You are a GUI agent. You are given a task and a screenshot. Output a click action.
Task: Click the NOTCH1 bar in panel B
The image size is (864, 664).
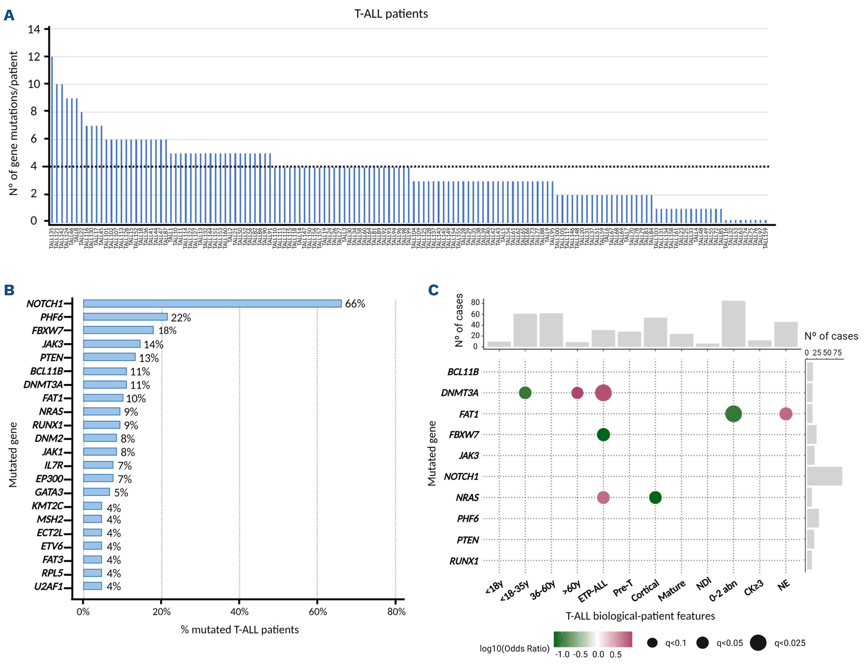point(212,303)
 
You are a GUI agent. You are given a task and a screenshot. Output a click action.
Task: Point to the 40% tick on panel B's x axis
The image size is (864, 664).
point(239,612)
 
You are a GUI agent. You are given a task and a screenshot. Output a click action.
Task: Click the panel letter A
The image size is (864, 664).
point(9,15)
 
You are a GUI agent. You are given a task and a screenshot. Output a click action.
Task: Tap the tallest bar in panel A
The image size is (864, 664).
point(52,138)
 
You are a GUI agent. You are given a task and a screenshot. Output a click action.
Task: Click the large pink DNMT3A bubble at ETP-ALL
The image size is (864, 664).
point(603,393)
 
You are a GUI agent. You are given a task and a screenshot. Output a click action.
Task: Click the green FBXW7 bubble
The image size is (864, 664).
point(603,435)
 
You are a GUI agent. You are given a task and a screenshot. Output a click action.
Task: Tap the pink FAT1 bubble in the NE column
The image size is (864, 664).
point(786,414)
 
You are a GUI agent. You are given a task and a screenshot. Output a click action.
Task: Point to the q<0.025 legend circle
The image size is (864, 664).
point(758,643)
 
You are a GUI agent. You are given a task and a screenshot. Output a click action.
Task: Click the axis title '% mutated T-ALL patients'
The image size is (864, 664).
point(239,630)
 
